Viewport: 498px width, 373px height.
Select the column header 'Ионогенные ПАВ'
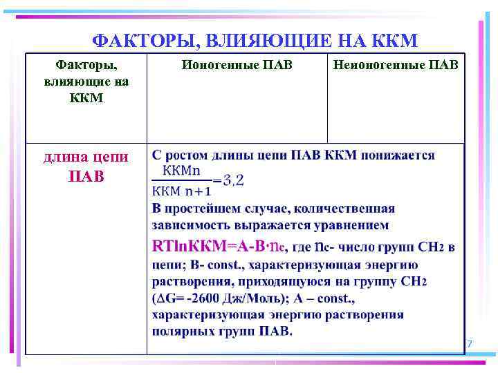click(237, 66)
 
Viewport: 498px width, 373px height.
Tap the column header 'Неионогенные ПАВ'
click(396, 66)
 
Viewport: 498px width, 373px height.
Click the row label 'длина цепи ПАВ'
click(86, 166)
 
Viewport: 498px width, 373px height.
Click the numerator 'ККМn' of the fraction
click(181, 169)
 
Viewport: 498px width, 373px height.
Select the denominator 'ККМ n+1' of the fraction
click(183, 191)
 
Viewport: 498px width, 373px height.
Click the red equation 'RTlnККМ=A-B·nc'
click(219, 245)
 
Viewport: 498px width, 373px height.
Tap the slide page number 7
click(470, 344)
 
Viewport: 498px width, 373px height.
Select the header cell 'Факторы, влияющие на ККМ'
click(86, 82)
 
